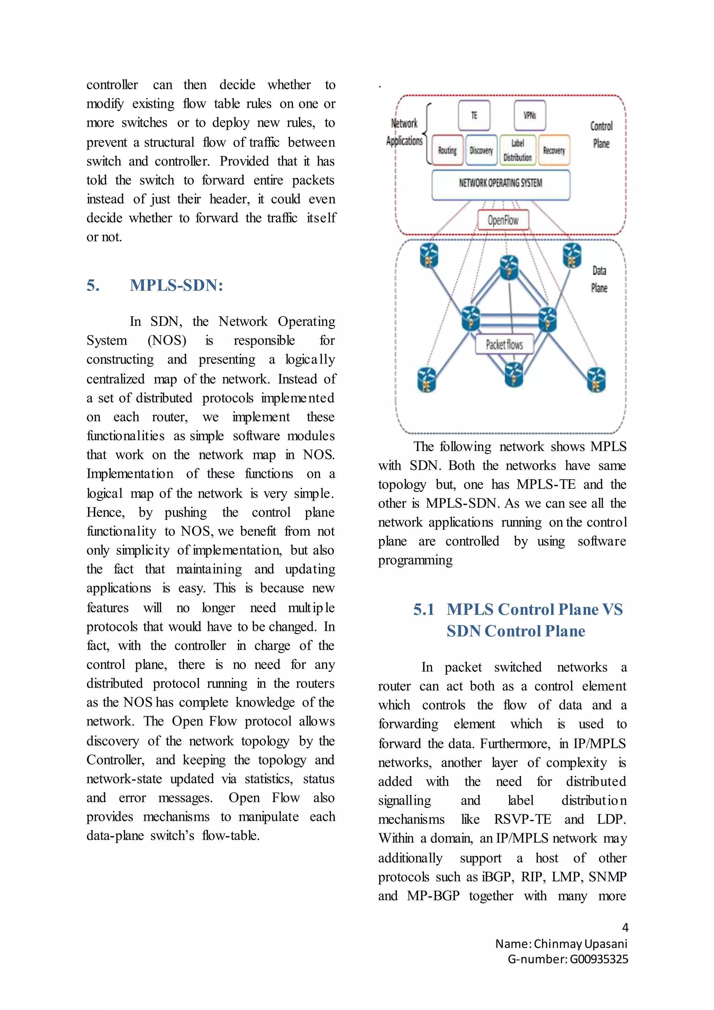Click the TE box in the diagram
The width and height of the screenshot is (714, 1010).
click(x=474, y=115)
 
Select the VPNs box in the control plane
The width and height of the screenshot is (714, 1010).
click(x=530, y=115)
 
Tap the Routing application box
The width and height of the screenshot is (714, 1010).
click(x=447, y=150)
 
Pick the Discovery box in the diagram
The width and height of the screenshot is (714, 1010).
click(x=481, y=150)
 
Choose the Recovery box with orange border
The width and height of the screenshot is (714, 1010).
click(x=554, y=150)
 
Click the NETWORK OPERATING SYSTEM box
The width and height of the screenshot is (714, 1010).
click(x=501, y=183)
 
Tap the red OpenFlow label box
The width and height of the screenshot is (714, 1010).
click(x=503, y=220)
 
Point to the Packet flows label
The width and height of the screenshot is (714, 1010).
click(x=504, y=345)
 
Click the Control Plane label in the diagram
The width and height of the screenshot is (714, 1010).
click(x=601, y=135)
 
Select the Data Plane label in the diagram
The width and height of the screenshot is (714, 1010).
click(x=599, y=279)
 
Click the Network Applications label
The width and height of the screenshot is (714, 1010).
click(x=404, y=132)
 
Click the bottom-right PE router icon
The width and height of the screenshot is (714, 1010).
click(x=596, y=380)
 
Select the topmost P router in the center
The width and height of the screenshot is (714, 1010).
click(x=509, y=267)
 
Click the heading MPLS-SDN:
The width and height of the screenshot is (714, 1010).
click(x=176, y=286)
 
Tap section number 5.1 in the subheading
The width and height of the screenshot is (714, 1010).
click(x=423, y=609)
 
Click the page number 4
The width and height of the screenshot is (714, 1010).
click(x=625, y=928)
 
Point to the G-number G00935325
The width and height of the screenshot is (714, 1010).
click(x=599, y=959)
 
